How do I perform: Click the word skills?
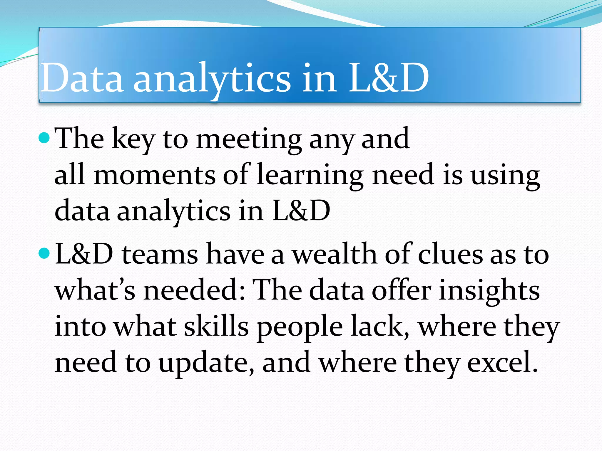[x=216, y=327]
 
